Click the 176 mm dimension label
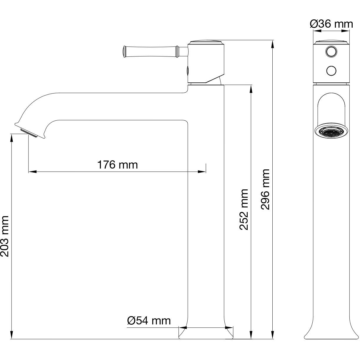pos(118,165)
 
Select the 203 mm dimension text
pos(5,236)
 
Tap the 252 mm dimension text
pos(244,209)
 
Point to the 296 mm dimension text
pos(265,189)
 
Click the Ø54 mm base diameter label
pos(149,321)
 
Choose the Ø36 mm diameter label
pos(331,24)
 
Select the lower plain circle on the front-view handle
pos(331,71)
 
